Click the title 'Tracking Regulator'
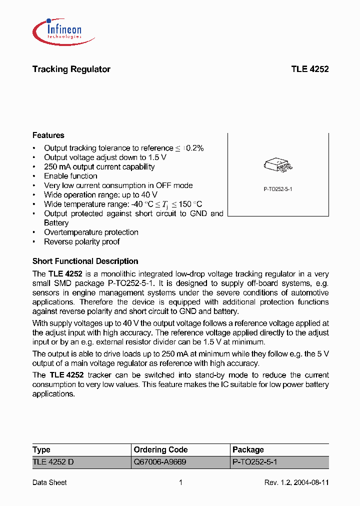(x=71, y=69)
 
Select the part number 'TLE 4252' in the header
(x=309, y=69)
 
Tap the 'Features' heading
(x=48, y=135)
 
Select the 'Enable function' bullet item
(x=70, y=176)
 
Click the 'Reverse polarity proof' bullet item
(x=81, y=241)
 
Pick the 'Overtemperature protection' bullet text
(x=91, y=232)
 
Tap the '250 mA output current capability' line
(x=99, y=167)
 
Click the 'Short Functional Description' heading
(x=85, y=261)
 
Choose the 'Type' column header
(x=41, y=449)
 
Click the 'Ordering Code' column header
(x=160, y=449)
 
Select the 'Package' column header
(x=248, y=449)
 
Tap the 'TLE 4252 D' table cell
(x=53, y=462)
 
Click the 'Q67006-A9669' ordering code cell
(x=159, y=462)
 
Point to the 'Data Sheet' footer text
(x=49, y=482)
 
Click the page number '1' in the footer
(x=180, y=482)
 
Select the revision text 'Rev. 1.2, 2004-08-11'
(x=296, y=482)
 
